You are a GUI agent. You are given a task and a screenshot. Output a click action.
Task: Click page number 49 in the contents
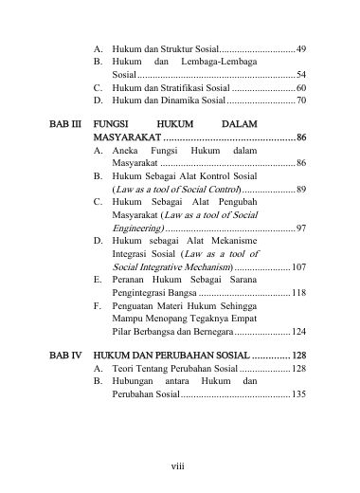(300, 46)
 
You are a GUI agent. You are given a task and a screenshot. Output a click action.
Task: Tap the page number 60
(300, 86)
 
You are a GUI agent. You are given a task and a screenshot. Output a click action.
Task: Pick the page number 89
(300, 190)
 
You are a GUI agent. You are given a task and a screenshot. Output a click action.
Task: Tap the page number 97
(300, 228)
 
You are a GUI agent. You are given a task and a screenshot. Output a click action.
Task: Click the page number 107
(298, 268)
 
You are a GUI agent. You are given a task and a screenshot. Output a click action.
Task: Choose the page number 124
(298, 332)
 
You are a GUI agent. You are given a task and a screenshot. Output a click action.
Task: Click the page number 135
(298, 393)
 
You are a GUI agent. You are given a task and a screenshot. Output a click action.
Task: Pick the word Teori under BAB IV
(124, 367)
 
